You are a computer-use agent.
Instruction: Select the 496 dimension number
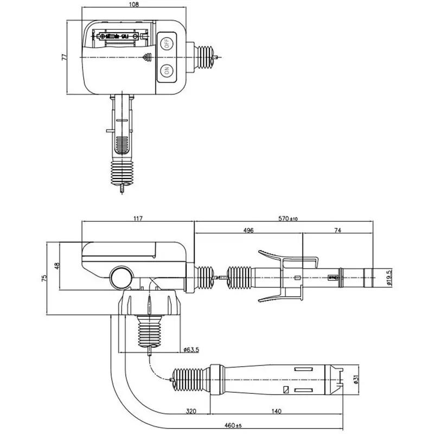pyautogui.click(x=248, y=231)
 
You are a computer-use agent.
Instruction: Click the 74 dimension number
pyautogui.click(x=337, y=231)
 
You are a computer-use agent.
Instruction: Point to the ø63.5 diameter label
pyautogui.click(x=191, y=350)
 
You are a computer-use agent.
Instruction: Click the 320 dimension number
pyautogui.click(x=190, y=412)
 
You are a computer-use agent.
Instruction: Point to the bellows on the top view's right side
pyautogui.click(x=206, y=57)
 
